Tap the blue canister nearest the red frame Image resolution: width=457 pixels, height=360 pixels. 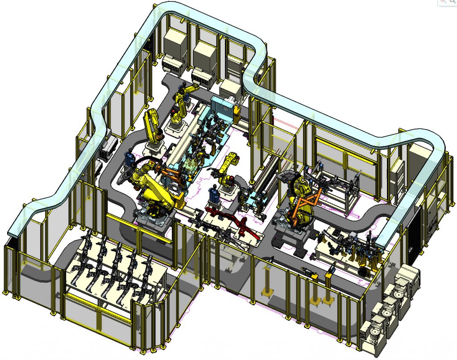click(x=213, y=194)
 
